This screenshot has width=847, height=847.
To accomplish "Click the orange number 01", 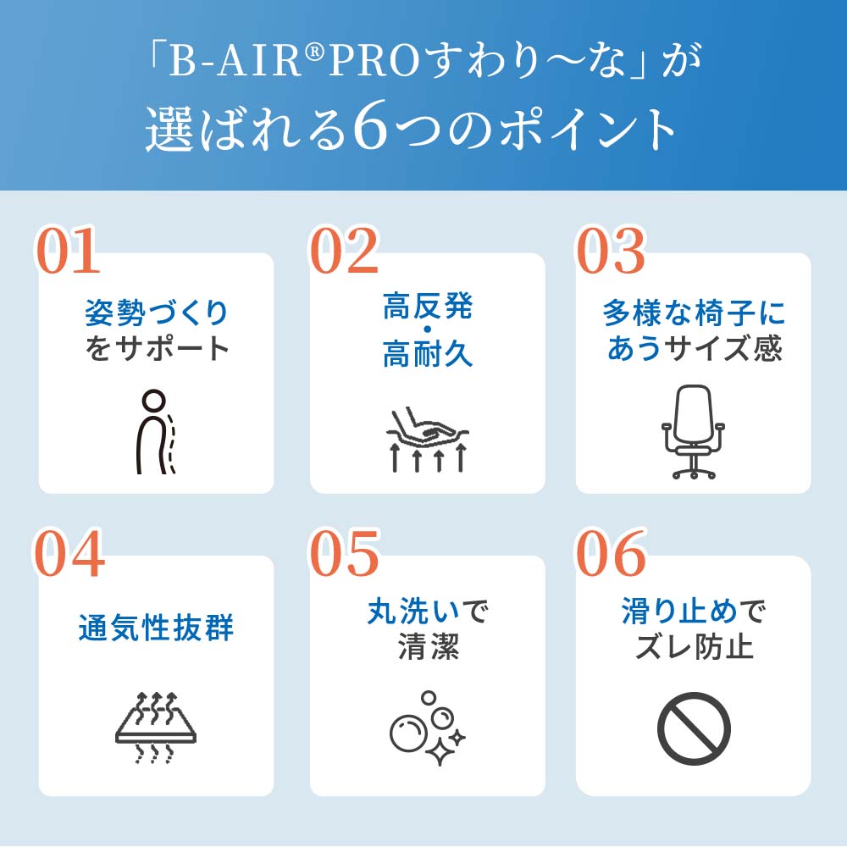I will click(68, 252).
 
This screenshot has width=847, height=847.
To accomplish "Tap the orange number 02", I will click(343, 252).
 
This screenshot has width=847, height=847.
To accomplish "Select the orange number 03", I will click(611, 252).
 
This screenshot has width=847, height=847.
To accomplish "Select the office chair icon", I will click(694, 432).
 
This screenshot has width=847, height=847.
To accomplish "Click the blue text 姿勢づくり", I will click(157, 314).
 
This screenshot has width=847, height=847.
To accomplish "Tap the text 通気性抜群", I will click(156, 629).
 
